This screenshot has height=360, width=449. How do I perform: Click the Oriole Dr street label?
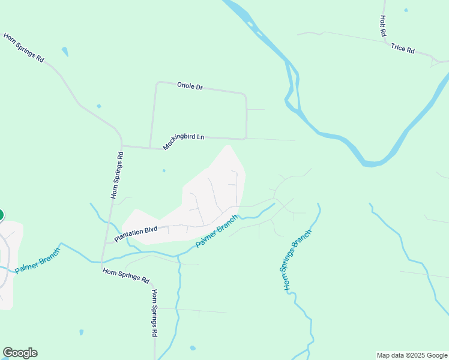click(190, 86)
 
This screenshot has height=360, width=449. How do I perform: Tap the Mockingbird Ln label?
click(184, 142)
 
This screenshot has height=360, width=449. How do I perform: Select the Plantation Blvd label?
click(136, 233)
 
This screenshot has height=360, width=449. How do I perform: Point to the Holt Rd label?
click(382, 26)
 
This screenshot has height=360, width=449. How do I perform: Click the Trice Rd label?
click(403, 49)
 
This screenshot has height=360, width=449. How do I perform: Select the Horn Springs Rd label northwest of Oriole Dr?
click(24, 48)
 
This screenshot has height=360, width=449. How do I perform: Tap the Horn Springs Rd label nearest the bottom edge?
click(154, 313)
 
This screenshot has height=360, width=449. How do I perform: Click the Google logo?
click(20, 353)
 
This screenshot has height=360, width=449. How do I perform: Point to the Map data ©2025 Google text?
click(412, 355)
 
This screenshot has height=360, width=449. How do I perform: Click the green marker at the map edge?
click(1, 215)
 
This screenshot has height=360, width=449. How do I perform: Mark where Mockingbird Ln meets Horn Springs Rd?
click(122, 145)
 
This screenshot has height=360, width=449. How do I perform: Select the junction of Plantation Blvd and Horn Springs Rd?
click(106, 243)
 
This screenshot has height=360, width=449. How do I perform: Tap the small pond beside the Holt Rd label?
click(406, 10)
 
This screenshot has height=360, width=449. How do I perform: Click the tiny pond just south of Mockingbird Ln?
click(164, 170)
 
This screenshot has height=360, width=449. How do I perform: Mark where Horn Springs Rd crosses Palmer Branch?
click(102, 261)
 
